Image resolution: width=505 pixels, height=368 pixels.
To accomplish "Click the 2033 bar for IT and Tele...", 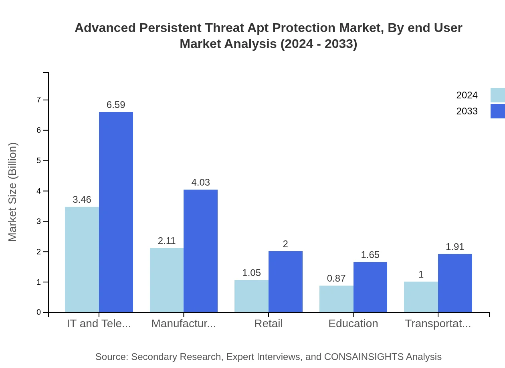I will point(116,212).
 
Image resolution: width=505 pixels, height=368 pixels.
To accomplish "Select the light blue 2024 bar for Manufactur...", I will point(167,280).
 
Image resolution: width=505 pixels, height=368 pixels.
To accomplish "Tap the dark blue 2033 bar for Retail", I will point(285,282).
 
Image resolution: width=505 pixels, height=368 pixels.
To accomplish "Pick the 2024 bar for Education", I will point(336,299).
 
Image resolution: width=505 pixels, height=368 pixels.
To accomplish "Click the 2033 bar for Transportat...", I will point(455,283).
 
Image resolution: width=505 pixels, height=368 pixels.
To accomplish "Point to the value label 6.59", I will point(116,105).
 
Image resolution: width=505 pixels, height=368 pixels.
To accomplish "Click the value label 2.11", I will point(167,241).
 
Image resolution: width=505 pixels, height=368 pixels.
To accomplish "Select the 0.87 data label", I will point(336,278).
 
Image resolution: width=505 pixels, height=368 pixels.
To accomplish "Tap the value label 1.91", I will point(455,247).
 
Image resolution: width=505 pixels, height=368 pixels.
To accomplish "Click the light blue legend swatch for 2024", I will point(497,95).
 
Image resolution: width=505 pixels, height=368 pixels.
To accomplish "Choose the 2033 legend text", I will point(467,111).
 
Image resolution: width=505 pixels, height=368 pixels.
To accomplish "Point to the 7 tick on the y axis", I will point(39,100).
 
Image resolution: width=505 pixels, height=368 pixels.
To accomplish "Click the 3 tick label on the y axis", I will point(39,221).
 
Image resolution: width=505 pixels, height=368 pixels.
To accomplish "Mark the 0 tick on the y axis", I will point(39,312).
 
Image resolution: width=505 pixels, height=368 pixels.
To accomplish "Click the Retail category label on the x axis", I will point(269,324).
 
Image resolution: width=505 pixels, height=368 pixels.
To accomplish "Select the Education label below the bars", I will point(353,324).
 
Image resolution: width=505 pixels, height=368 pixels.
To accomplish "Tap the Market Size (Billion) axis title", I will point(13,192).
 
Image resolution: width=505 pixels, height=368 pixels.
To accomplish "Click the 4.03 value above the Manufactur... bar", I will point(200,182).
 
